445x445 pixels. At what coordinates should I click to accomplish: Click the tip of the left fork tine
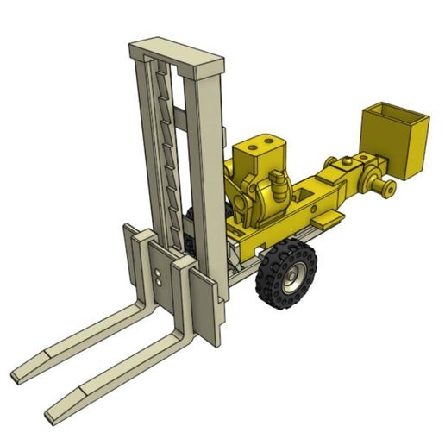(19, 375)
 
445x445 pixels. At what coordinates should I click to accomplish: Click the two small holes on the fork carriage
(160, 277)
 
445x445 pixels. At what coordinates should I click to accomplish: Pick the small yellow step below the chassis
(327, 220)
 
